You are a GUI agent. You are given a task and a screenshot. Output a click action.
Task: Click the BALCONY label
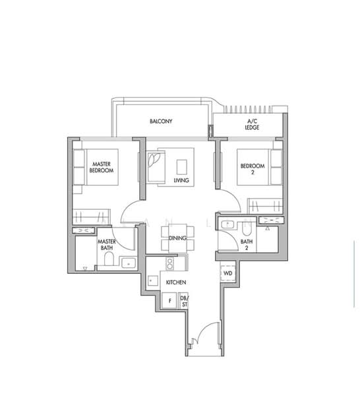pos(160,121)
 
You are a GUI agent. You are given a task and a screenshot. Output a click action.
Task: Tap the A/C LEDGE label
pos(252,125)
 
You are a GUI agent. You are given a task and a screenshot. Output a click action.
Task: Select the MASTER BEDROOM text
pos(101,167)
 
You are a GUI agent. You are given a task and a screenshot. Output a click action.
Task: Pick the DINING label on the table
pos(177,238)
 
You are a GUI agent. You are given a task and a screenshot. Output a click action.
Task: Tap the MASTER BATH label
pos(107,246)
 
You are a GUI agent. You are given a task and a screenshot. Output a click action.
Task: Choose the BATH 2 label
pos(247,245)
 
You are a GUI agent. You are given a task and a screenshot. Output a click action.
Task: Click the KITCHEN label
pos(175,282)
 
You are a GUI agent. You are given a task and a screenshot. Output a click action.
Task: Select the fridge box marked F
pos(170,301)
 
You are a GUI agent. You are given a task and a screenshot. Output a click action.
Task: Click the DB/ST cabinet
pos(184,301)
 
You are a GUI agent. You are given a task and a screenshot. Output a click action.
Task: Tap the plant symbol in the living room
pos(156,160)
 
